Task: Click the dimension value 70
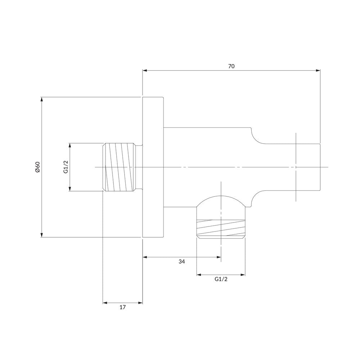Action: coord(231,66)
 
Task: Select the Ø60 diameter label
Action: coord(38,167)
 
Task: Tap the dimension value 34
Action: coord(181,261)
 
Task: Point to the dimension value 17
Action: coord(123,307)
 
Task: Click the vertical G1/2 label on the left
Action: coord(66,167)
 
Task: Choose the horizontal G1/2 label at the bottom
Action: coord(221,279)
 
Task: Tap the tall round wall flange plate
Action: coord(153,167)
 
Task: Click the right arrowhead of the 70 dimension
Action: coord(318,71)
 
